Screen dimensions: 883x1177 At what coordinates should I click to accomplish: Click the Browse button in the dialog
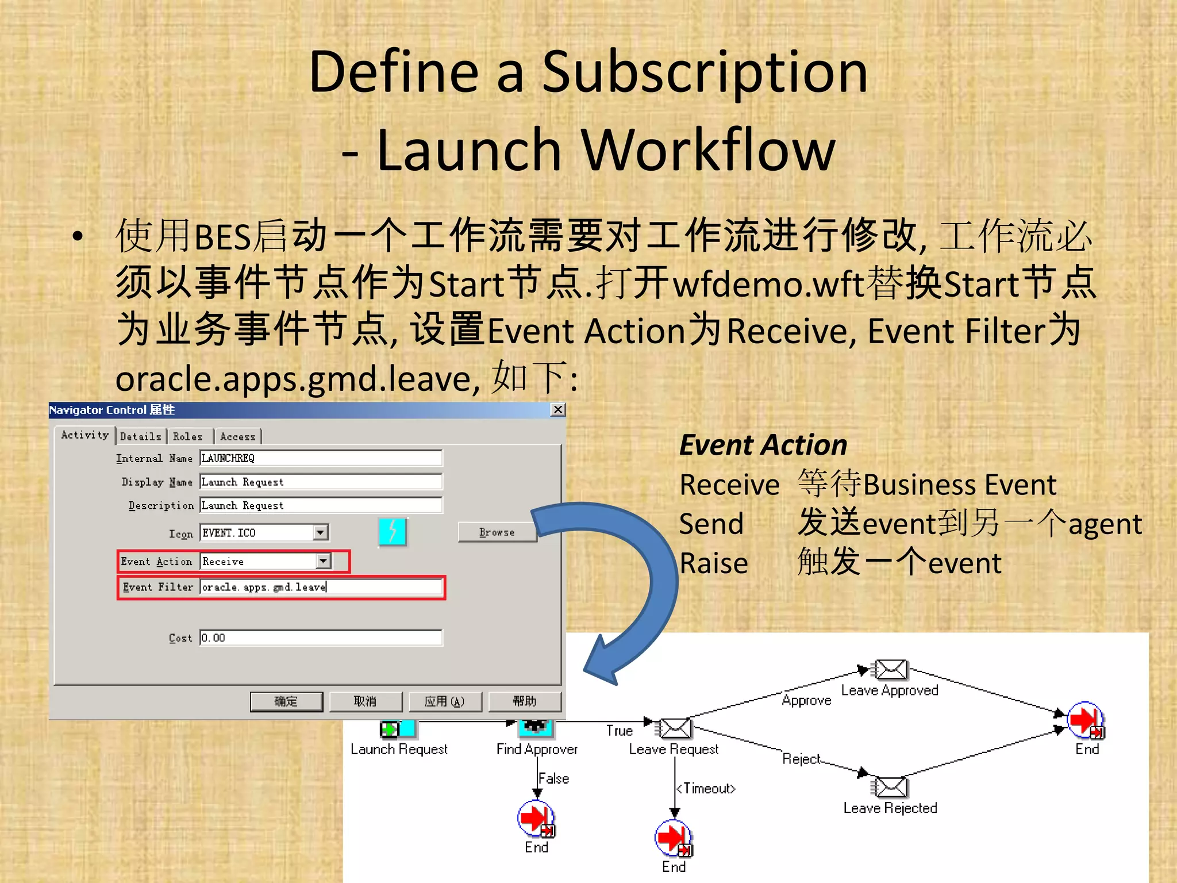pos(497,532)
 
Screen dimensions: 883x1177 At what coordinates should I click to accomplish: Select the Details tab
pos(141,436)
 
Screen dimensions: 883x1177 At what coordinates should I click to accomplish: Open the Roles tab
pos(188,436)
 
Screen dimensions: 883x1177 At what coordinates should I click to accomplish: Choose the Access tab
pos(237,436)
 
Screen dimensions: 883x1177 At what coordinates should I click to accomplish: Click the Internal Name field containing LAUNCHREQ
pos(321,458)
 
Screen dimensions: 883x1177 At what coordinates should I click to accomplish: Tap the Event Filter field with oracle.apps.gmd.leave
pos(321,587)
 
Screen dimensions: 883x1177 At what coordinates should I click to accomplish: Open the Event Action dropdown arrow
pos(324,560)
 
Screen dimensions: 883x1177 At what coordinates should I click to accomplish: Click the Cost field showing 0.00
pos(321,638)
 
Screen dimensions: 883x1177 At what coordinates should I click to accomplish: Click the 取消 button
pos(366,701)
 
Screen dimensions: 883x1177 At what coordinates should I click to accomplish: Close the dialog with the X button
pos(557,409)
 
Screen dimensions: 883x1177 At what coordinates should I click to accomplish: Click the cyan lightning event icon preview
pos(393,532)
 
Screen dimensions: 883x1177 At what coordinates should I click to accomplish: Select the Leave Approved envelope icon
pos(891,670)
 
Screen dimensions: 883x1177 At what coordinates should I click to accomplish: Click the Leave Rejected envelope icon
pos(891,787)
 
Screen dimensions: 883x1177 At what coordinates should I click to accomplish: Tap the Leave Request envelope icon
pos(675,728)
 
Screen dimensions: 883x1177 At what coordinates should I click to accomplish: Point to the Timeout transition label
pos(706,788)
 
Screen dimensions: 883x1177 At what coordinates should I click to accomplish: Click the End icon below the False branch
pos(536,818)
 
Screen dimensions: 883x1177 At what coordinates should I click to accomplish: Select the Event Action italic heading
pos(763,445)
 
